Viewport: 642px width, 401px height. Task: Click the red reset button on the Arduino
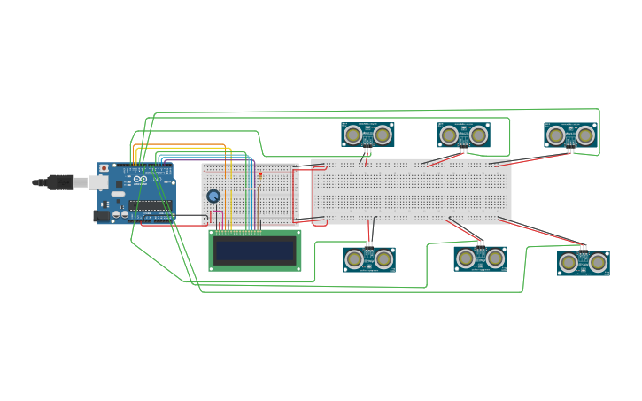tap(104, 167)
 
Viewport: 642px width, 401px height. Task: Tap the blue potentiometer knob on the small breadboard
tap(213, 196)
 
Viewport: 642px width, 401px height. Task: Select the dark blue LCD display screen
tap(254, 251)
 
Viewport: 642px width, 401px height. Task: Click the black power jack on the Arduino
tap(103, 215)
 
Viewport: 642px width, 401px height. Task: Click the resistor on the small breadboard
tap(260, 175)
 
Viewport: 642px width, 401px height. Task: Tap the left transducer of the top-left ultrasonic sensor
tap(353, 135)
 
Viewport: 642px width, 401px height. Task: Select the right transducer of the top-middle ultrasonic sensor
tap(478, 135)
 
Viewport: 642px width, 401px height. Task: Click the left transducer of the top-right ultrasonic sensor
tap(555, 135)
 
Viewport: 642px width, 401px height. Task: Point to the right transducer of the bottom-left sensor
tap(383, 259)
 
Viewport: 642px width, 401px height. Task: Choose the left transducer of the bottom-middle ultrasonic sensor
tap(466, 258)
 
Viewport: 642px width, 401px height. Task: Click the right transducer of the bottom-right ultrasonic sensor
tap(598, 262)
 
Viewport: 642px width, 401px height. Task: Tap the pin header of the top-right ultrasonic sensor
tap(570, 150)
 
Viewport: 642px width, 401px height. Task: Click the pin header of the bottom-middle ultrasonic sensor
tap(480, 243)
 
